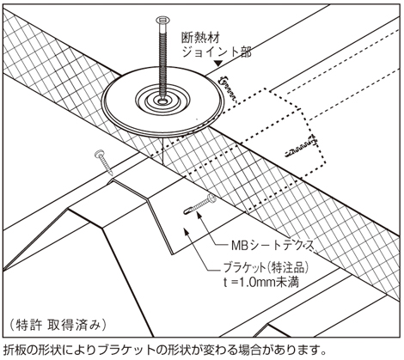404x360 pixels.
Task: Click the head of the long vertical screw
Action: (x=162, y=21)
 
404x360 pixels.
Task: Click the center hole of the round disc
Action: (x=162, y=101)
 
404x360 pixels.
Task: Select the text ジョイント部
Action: (x=217, y=52)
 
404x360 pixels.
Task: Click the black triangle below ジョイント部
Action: (x=219, y=64)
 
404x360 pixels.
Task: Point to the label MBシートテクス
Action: (x=272, y=246)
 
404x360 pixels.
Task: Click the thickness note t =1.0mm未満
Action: (x=261, y=283)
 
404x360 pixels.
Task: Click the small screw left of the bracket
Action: (x=104, y=162)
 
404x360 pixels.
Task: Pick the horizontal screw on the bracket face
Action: (x=199, y=204)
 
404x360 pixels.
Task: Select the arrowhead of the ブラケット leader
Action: (x=186, y=231)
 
